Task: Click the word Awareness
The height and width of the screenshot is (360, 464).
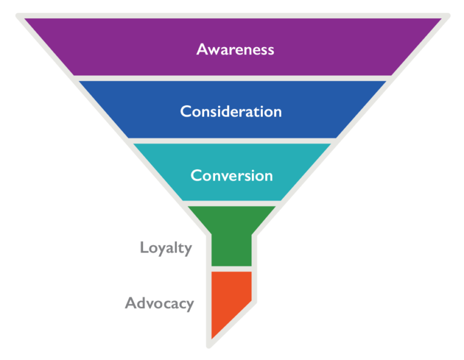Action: point(235,49)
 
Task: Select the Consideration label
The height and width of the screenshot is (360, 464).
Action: point(231,112)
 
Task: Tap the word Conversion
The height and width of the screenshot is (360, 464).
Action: point(231,175)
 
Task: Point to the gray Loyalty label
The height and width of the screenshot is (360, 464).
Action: point(166,248)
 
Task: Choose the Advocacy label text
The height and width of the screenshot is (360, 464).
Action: point(159,303)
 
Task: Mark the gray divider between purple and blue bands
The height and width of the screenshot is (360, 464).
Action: point(232,79)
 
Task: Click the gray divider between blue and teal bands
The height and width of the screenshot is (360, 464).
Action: point(232,141)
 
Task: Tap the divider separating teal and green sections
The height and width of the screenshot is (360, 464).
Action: point(232,204)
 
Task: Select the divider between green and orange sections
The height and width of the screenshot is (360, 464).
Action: point(231,268)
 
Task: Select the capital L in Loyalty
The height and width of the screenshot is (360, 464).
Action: point(144,248)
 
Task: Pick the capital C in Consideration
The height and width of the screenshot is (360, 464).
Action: point(185,112)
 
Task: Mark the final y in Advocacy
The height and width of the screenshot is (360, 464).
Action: point(190,304)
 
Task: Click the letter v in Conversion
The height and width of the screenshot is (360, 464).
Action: point(220,176)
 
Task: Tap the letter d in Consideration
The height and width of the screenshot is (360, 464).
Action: point(230,112)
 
